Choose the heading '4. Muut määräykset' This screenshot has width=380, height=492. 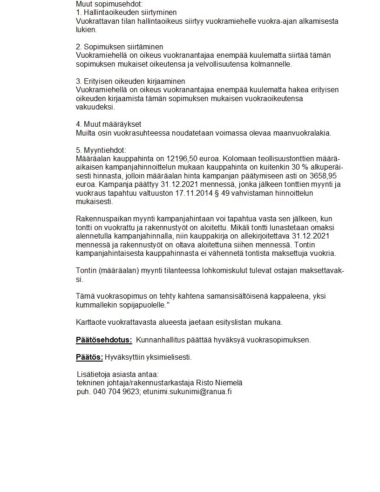point(109,124)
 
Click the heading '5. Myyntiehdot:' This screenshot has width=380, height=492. point(101,150)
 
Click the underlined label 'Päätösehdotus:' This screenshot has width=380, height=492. point(104,340)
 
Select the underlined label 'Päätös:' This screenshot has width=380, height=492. point(89,357)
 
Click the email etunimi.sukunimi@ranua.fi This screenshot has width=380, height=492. point(187,392)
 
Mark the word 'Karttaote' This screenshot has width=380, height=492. point(91,322)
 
